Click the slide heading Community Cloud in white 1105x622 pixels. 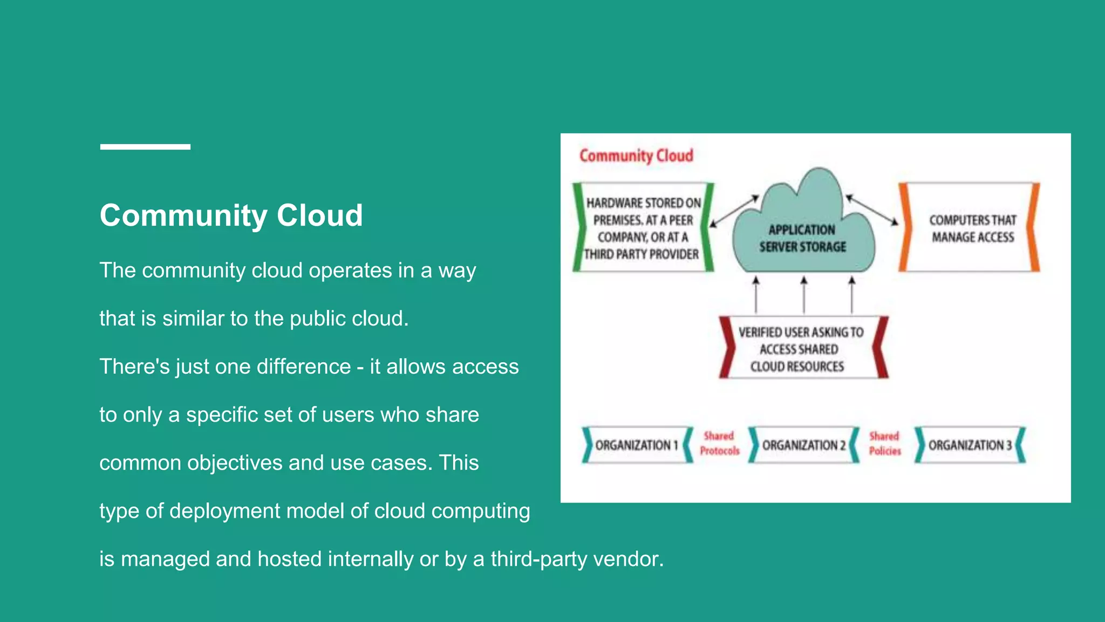[231, 215]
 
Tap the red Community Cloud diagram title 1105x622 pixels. [636, 155]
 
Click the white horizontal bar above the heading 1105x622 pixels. [145, 147]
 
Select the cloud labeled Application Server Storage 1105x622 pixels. [803, 232]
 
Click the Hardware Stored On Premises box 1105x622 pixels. [643, 228]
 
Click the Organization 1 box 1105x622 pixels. [636, 445]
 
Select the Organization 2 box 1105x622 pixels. [803, 445]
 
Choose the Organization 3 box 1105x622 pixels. [970, 445]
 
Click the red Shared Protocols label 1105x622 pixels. [719, 443]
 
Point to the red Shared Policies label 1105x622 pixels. [885, 443]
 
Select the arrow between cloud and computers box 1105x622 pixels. [872, 209]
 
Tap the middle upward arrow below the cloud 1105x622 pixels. [804, 295]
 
